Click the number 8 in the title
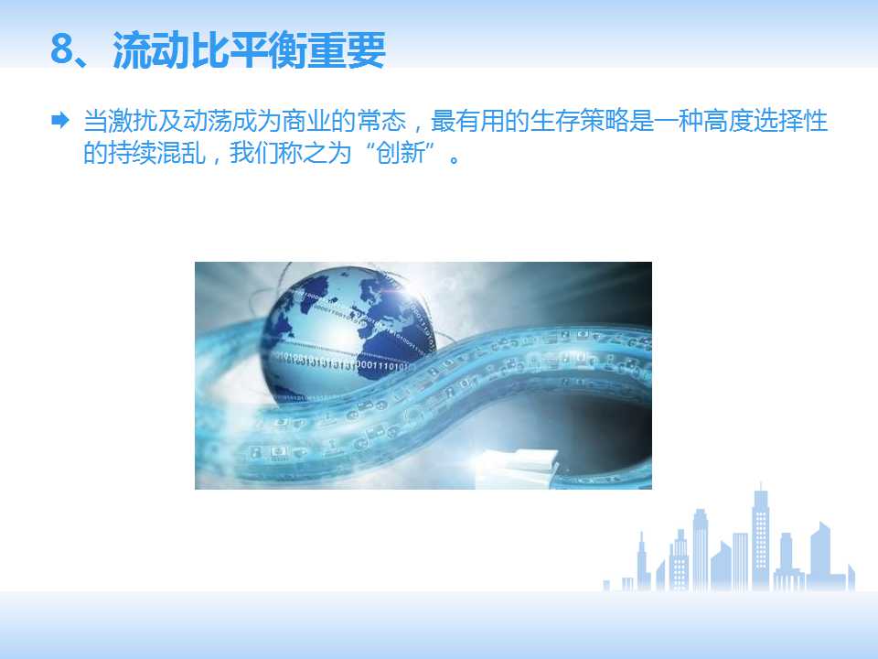tap(63, 51)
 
